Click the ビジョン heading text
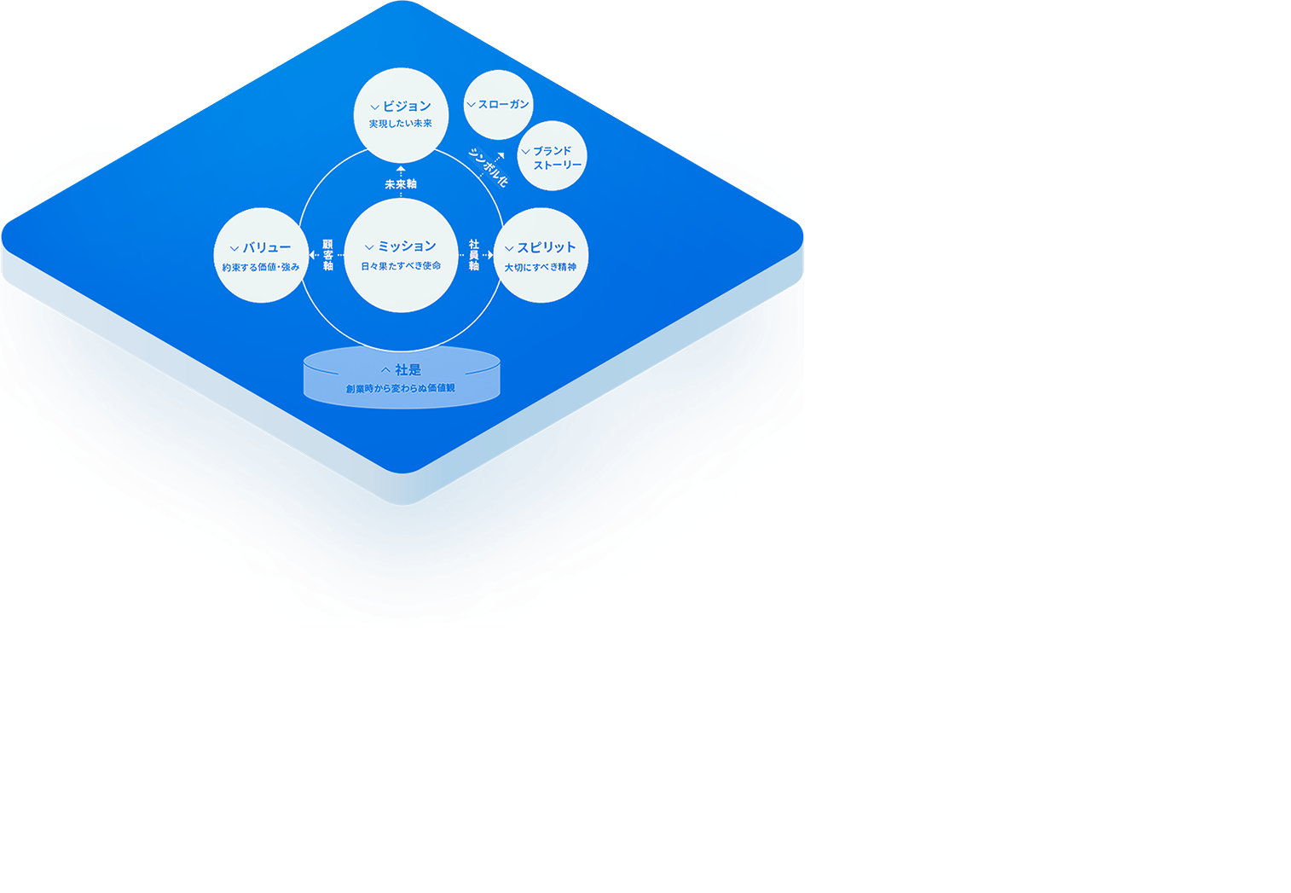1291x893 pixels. [x=407, y=107]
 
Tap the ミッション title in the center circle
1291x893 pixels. [x=407, y=246]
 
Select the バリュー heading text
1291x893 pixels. [x=267, y=247]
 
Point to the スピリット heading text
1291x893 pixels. [x=547, y=247]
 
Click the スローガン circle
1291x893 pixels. [x=499, y=105]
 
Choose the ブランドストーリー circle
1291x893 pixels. [x=553, y=157]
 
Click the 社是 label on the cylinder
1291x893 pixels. [x=408, y=370]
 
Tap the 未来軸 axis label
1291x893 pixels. [x=401, y=184]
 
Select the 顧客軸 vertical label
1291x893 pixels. [x=327, y=255]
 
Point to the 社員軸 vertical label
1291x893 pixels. [x=474, y=255]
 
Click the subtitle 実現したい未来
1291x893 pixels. [x=401, y=125]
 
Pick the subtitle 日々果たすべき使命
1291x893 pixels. [x=401, y=266]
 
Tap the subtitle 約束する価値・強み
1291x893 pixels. [x=261, y=268]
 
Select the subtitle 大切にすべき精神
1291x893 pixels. [x=541, y=268]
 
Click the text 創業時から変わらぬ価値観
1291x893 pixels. [x=401, y=389]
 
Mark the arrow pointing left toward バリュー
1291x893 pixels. [x=312, y=255]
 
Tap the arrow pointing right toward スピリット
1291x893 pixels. [x=489, y=255]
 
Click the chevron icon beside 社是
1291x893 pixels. [x=385, y=370]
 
